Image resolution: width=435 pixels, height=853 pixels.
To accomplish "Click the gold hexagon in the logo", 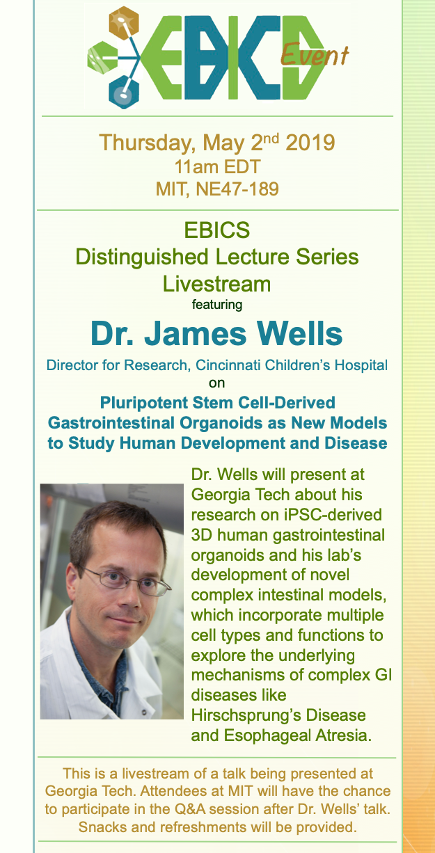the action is (x=124, y=23).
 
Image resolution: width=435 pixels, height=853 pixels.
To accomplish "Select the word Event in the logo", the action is (x=315, y=54).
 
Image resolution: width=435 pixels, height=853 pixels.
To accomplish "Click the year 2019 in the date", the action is (x=310, y=143).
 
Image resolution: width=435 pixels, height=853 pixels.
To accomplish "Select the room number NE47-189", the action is (x=237, y=189).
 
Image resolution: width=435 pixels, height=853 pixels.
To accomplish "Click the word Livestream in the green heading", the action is (x=216, y=284).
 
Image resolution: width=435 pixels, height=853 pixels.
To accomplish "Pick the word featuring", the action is (x=217, y=305).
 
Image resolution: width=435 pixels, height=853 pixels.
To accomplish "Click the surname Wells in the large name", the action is (x=299, y=333).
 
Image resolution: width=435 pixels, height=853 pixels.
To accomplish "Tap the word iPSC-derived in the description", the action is (x=333, y=515).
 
